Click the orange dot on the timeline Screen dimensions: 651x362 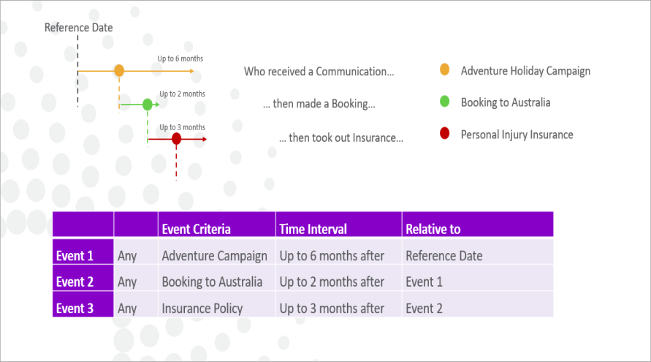[x=119, y=71]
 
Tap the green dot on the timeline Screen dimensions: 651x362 [x=148, y=105]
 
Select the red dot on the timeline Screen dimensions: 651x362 [x=177, y=139]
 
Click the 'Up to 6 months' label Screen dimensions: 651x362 [x=180, y=59]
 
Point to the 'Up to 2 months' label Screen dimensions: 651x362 [x=182, y=94]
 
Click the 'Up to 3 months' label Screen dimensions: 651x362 [x=182, y=127]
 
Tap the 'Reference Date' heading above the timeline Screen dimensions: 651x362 [x=78, y=28]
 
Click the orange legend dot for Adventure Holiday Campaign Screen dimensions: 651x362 [x=445, y=69]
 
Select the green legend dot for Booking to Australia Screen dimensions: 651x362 [x=445, y=101]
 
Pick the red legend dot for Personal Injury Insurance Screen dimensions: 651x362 [x=445, y=133]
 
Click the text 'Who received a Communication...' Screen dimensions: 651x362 [x=319, y=72]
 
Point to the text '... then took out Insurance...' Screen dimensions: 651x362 [x=341, y=137]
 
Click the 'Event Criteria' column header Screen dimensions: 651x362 [x=196, y=229]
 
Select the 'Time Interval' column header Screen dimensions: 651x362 [x=313, y=229]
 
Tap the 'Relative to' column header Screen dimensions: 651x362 [x=433, y=229]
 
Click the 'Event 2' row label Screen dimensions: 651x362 [x=75, y=282]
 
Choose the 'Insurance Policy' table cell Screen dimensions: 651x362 [x=202, y=309]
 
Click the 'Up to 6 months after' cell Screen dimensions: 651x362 [x=332, y=256]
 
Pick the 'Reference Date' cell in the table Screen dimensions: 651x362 [x=444, y=256]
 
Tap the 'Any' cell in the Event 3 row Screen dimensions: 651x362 [x=127, y=309]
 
